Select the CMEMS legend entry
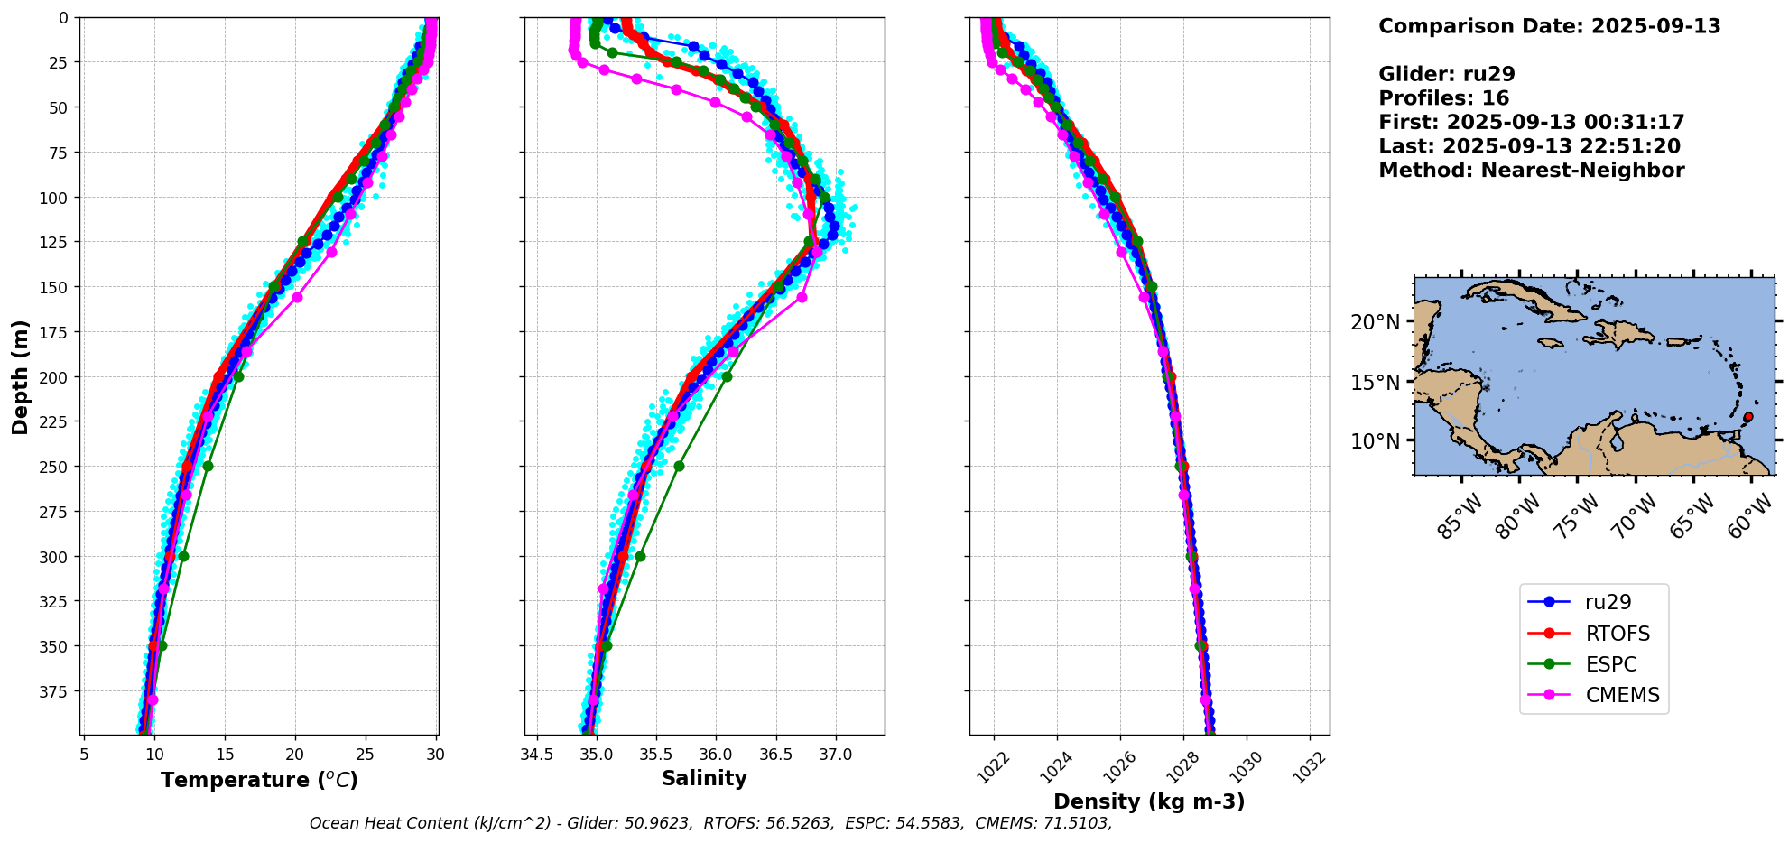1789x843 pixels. point(1622,696)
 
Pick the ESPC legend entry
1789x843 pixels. point(1610,665)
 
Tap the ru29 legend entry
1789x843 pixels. point(1608,602)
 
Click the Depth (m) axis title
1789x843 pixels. point(20,376)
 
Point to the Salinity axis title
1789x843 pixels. point(704,779)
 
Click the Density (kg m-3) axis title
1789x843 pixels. point(1149,801)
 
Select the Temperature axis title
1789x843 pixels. point(259,780)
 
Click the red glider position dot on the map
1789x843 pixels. point(1748,417)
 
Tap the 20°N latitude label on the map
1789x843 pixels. point(1375,323)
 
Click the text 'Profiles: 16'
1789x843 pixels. point(1443,98)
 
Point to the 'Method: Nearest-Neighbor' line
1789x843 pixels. point(1531,171)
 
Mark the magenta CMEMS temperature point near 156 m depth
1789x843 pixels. point(297,297)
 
